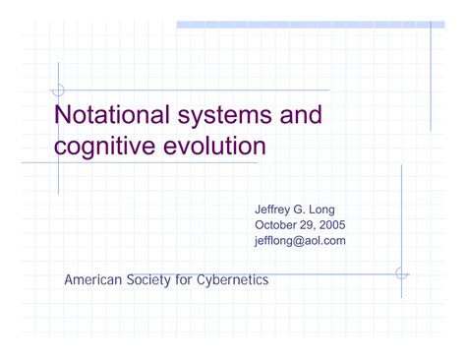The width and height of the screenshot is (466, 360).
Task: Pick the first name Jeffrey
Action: tap(275, 209)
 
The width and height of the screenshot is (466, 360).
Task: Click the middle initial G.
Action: tap(306, 209)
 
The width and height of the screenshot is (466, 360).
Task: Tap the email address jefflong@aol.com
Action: tap(300, 240)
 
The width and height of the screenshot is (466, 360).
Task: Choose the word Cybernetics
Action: tap(235, 279)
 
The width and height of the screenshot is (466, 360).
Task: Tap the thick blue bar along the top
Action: tap(305, 24)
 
